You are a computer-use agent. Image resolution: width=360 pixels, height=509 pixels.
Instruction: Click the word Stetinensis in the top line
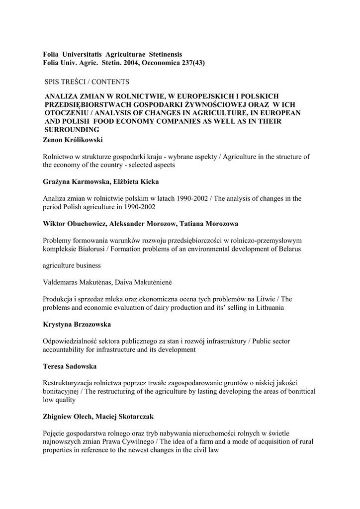point(161,54)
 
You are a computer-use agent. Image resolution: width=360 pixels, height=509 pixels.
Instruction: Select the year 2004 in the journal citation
point(132,63)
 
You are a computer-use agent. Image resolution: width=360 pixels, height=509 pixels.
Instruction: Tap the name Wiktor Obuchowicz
point(75,223)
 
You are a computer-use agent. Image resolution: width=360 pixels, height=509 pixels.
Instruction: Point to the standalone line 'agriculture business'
point(72,265)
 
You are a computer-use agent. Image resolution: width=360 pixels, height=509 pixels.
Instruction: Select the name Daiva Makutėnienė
point(143,282)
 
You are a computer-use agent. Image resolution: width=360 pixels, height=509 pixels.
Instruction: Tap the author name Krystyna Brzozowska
point(77,324)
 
